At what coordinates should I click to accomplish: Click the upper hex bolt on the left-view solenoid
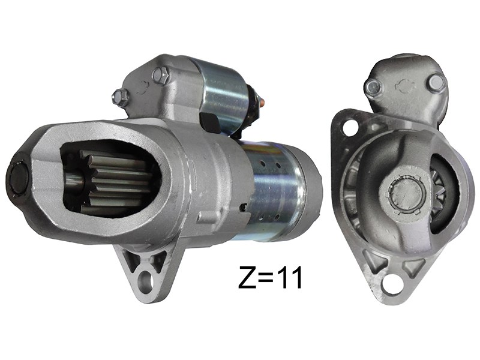160,76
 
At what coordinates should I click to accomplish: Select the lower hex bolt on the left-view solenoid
121,97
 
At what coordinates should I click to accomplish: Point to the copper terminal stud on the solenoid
262,101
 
